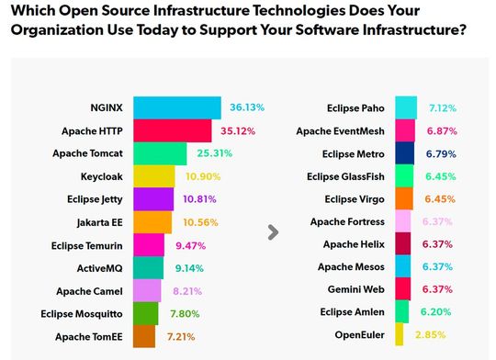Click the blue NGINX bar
[x=177, y=107]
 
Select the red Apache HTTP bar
[x=174, y=130]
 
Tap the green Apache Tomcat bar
[x=161, y=153]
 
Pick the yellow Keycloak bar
[x=153, y=176]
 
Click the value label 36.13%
[x=246, y=107]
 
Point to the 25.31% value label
[x=214, y=153]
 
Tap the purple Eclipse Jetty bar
[x=152, y=199]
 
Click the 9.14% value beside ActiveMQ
[x=187, y=268]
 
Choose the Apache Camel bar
[x=148, y=291]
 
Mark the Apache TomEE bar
[x=145, y=337]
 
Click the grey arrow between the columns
[x=272, y=233]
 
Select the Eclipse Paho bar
[x=407, y=108]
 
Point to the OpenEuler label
[x=360, y=335]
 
